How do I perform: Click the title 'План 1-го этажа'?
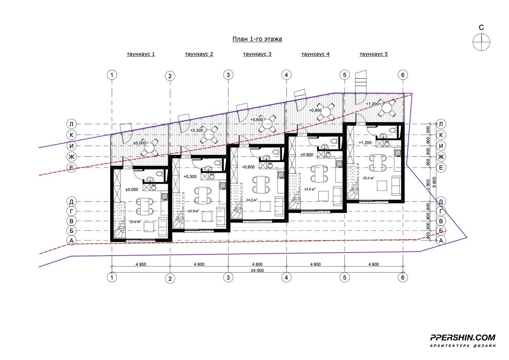click(257, 39)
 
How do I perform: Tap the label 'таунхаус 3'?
click(257, 54)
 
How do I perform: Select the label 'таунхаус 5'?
click(374, 54)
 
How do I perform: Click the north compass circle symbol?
click(481, 42)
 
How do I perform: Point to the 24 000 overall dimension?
click(257, 270)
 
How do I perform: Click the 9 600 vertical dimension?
click(434, 182)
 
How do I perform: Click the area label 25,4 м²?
click(368, 178)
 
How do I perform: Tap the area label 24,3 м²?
click(252, 200)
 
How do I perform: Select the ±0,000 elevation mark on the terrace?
click(140, 143)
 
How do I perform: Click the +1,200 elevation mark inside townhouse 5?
click(365, 143)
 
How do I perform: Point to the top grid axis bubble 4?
click(286, 75)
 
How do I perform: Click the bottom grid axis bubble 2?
click(170, 278)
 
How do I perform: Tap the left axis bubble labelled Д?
click(71, 202)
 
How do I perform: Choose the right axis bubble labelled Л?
click(441, 124)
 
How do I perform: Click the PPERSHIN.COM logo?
click(463, 337)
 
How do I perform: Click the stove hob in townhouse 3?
click(281, 175)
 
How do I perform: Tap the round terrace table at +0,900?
click(326, 112)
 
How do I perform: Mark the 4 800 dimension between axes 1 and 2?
click(141, 264)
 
